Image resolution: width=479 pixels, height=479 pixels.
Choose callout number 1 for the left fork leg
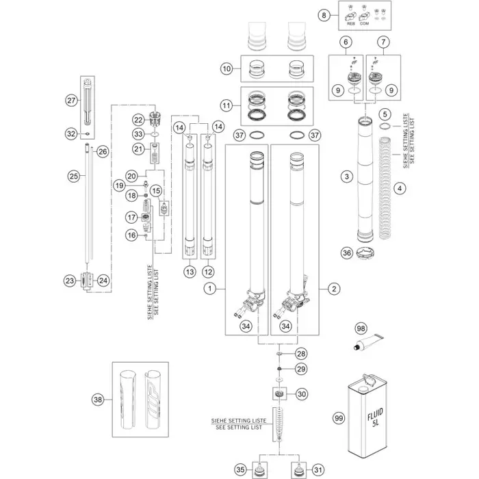coord(208,289)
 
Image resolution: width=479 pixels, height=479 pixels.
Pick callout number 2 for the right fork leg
coord(334,289)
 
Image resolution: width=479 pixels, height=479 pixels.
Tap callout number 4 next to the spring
coord(400,187)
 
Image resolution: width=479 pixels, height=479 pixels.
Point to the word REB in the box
coord(352,23)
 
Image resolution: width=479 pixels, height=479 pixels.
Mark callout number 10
coord(226,68)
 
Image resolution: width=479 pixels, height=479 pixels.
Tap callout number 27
coord(70,100)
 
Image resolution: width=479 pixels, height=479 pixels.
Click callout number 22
coord(138,119)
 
